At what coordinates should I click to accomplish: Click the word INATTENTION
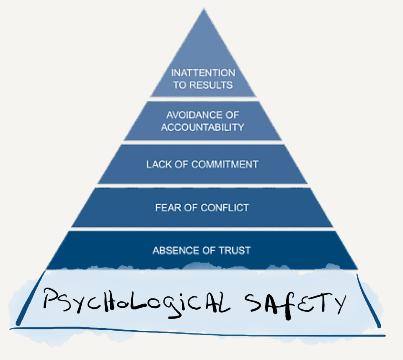click(203, 73)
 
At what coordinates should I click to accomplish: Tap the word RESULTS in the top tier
click(211, 85)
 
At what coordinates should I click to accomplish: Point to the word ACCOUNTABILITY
click(202, 127)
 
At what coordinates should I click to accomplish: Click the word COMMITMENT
click(225, 165)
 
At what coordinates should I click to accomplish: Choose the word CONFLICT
click(225, 208)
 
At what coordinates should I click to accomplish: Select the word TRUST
click(235, 250)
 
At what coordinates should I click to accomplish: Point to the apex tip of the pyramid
click(204, 8)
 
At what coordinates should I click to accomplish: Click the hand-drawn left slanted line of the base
click(31, 298)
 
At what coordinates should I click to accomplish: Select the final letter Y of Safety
click(341, 304)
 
